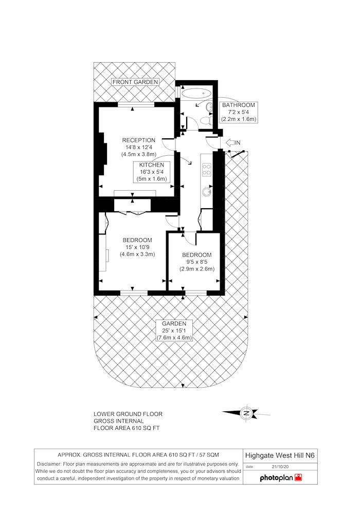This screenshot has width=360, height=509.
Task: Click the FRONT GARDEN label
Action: click(x=135, y=82)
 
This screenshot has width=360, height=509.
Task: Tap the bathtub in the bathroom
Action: click(x=197, y=93)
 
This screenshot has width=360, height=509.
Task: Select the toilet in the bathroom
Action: click(x=206, y=120)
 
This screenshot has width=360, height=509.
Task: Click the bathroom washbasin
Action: click(x=209, y=107)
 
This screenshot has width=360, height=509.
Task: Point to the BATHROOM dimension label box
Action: click(x=239, y=112)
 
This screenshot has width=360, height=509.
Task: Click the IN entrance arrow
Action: click(x=230, y=142)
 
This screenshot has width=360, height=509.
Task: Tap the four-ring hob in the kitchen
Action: click(x=207, y=170)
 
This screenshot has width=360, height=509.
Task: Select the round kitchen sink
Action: click(x=207, y=192)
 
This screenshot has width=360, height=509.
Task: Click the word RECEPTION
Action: click(x=139, y=140)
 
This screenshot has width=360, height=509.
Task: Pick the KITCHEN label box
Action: click(x=152, y=172)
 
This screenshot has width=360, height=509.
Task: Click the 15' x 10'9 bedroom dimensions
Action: click(x=137, y=247)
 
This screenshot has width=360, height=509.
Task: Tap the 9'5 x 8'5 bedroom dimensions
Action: click(x=197, y=262)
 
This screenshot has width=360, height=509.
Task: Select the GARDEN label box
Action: click(x=174, y=331)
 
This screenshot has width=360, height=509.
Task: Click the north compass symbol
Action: click(x=246, y=413)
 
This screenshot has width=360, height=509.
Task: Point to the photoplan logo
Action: click(x=281, y=478)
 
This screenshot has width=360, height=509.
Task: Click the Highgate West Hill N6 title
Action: click(x=279, y=456)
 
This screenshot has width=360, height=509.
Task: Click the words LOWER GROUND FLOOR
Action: click(x=128, y=414)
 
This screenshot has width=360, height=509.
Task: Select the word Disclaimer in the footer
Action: click(x=49, y=464)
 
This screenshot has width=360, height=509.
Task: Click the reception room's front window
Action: click(x=136, y=104)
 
